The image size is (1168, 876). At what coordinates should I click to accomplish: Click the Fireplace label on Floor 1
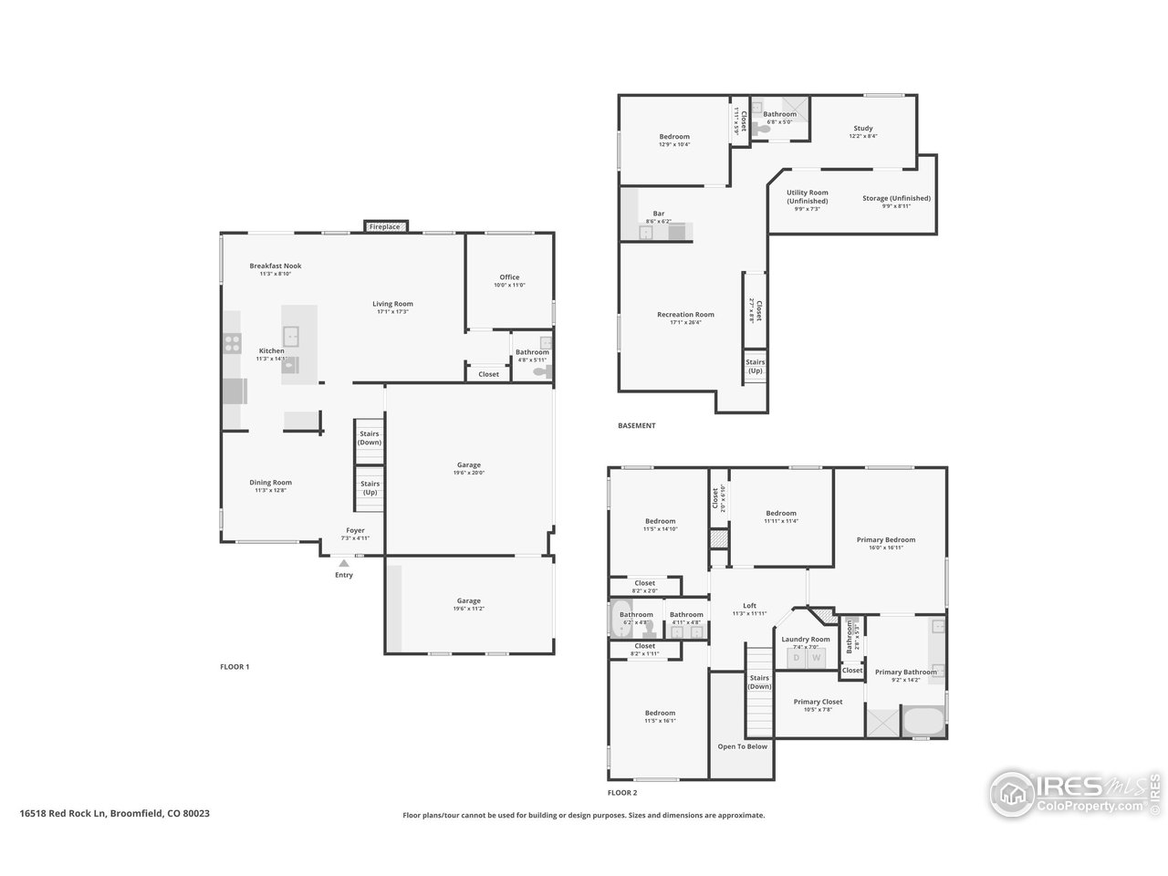pos(384,226)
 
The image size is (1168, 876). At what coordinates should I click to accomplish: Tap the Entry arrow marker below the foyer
pos(344,564)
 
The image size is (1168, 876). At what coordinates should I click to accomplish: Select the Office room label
pos(509,277)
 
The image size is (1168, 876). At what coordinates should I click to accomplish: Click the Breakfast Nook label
pos(276,266)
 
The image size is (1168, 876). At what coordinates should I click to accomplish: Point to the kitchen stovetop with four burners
pos(232,344)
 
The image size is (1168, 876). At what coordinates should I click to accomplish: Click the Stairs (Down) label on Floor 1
pos(370,438)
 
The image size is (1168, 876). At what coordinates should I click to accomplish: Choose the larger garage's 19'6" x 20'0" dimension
pos(469,473)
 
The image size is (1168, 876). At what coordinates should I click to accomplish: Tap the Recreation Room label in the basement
pos(685,315)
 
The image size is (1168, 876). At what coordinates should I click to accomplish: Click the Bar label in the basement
pos(659,214)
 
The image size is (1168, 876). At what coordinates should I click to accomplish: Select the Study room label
pos(863,129)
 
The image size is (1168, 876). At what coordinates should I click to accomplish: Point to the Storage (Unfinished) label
pos(896,198)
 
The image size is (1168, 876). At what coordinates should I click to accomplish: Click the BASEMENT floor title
pos(636,426)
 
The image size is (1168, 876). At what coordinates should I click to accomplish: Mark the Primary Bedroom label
pos(886,539)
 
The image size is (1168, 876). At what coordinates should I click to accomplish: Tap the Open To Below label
pos(742,746)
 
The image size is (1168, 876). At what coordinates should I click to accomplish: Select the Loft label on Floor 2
pos(749,606)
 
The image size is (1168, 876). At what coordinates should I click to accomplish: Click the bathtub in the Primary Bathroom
pos(923,721)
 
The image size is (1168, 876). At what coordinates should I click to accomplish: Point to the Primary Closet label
pos(818,702)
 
